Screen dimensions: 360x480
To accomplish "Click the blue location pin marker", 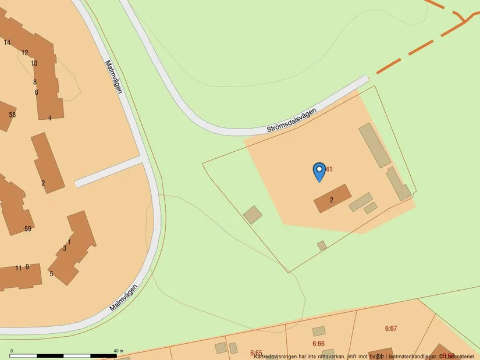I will [x=319, y=170].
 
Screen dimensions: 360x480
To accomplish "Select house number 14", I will [x=7, y=42].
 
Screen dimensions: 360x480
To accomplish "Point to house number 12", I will [x=24, y=53].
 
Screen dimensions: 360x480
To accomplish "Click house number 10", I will [x=34, y=63].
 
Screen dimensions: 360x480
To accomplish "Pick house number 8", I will [x=35, y=82].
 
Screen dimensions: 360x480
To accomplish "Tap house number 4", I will [x=50, y=118].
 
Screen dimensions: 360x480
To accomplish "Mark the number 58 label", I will [x=12, y=115].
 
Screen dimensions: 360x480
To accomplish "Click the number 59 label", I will [x=28, y=229].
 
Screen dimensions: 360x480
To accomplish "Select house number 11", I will [x=18, y=268].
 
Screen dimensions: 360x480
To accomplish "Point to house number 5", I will [x=51, y=274].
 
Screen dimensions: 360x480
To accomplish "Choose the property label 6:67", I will [x=391, y=329].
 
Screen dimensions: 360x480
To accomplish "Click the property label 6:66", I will [x=318, y=344].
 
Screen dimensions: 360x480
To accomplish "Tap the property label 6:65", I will [x=256, y=352].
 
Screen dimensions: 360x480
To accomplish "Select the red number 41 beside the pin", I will [x=329, y=169].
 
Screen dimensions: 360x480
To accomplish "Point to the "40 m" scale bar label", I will [x=118, y=351].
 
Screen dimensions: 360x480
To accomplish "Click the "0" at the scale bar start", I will [x=12, y=351].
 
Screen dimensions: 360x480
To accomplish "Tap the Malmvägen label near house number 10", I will [x=114, y=77].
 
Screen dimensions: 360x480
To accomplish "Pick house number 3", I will [x=65, y=248].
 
